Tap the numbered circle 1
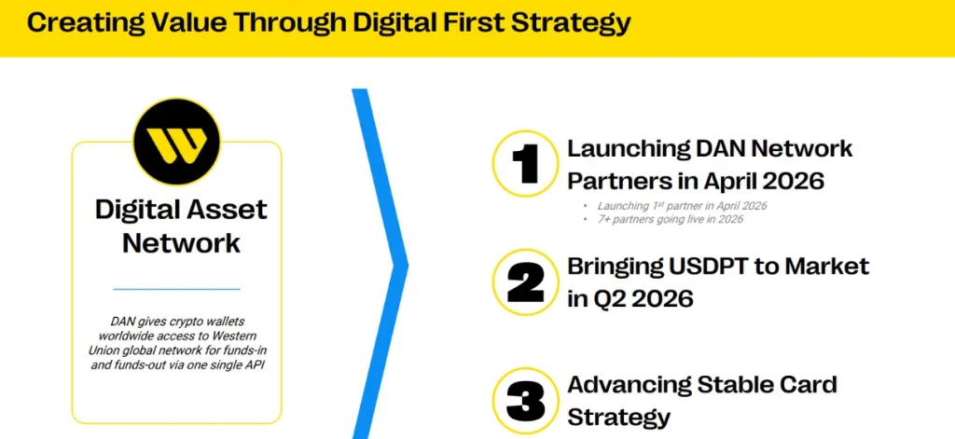(525, 163)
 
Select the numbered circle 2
(525, 282)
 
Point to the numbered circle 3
(525, 400)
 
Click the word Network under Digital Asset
(181, 243)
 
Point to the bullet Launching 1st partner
(679, 205)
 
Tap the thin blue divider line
(176, 289)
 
